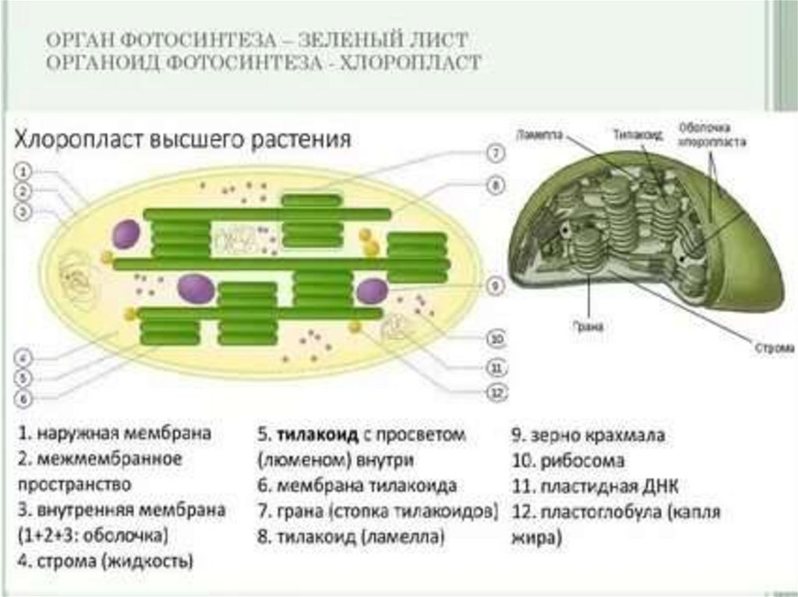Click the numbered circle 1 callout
click(25, 170)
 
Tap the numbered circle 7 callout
click(496, 153)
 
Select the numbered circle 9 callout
click(495, 286)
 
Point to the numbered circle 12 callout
click(496, 393)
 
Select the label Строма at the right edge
click(775, 347)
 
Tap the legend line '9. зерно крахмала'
click(588, 435)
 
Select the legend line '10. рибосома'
click(568, 461)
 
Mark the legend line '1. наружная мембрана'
click(115, 434)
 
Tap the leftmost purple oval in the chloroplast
click(126, 234)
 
